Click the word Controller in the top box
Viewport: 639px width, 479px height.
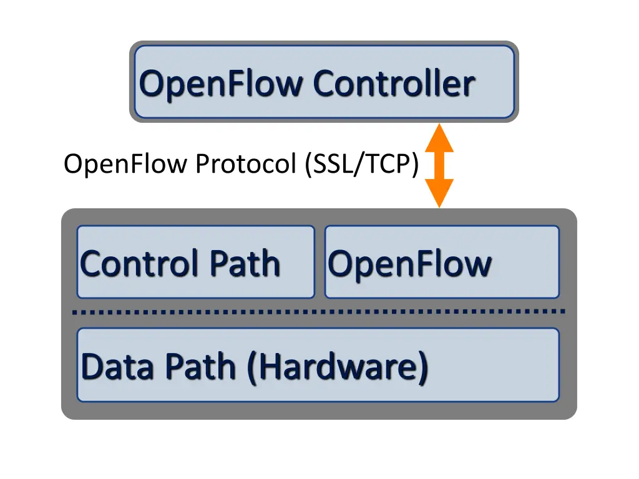point(394,84)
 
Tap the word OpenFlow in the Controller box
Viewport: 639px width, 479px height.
point(220,85)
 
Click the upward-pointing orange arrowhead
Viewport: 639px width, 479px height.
point(439,138)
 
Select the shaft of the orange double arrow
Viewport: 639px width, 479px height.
point(439,166)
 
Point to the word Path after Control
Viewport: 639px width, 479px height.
point(245,264)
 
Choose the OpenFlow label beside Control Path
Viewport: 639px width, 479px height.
point(410,265)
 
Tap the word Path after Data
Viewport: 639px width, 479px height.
point(202,367)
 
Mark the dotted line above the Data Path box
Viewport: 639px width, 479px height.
point(319,312)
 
